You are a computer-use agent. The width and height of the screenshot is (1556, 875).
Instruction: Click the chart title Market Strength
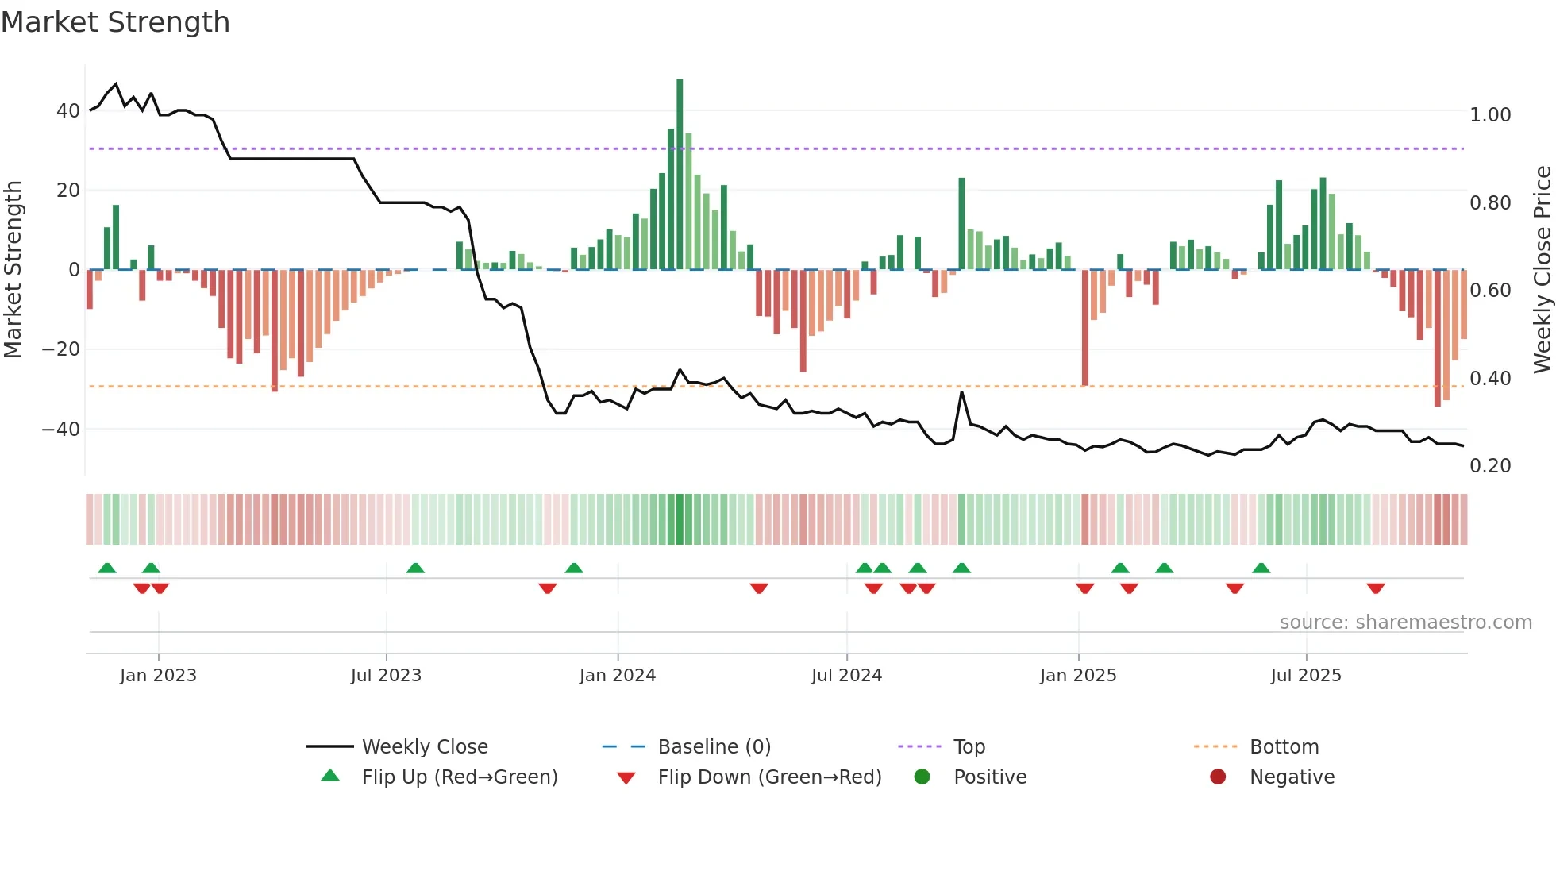pyautogui.click(x=115, y=22)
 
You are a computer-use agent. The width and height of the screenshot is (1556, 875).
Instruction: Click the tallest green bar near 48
pyautogui.click(x=680, y=175)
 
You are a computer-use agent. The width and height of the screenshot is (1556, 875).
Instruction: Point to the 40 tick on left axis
pyautogui.click(x=68, y=111)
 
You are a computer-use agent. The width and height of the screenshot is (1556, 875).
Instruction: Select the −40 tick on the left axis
pyautogui.click(x=61, y=430)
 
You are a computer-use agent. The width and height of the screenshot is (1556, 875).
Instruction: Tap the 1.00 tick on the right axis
pyautogui.click(x=1490, y=115)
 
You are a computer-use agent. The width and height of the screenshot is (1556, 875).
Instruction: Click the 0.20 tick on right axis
pyautogui.click(x=1490, y=466)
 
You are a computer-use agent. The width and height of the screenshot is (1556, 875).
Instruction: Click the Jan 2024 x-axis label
pyautogui.click(x=618, y=676)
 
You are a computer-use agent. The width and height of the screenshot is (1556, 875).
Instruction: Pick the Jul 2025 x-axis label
pyautogui.click(x=1306, y=676)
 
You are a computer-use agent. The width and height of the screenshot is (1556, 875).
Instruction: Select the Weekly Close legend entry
pyautogui.click(x=425, y=747)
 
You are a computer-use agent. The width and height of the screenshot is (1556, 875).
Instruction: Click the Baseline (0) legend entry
pyautogui.click(x=714, y=747)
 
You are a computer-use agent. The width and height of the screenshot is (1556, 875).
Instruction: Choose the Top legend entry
pyautogui.click(x=969, y=747)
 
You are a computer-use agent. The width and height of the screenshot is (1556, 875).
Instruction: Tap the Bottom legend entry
pyautogui.click(x=1284, y=747)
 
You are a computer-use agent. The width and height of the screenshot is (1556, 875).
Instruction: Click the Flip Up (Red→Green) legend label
pyautogui.click(x=460, y=777)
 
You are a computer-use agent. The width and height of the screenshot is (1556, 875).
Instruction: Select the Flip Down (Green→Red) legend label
pyautogui.click(x=769, y=777)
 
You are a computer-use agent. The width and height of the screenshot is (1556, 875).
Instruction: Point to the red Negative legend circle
pyautogui.click(x=1218, y=777)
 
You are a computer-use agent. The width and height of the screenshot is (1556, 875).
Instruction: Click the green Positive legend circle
pyautogui.click(x=922, y=777)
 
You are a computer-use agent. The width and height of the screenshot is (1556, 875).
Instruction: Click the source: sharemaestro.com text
pyautogui.click(x=1405, y=623)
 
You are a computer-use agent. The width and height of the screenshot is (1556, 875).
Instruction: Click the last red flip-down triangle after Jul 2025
pyautogui.click(x=1376, y=588)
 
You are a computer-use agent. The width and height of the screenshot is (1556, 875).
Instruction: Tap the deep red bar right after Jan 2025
pyautogui.click(x=1085, y=327)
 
